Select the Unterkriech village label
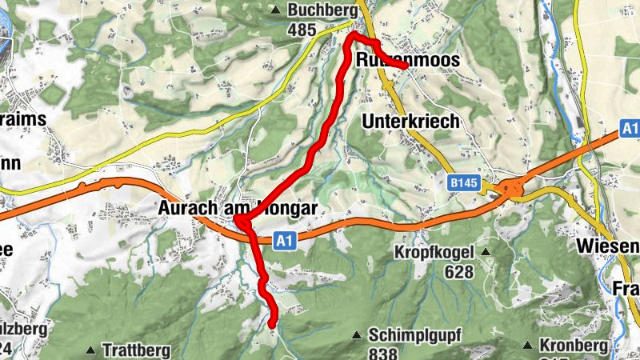pyautogui.click(x=411, y=122)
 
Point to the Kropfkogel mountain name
pyautogui.click(x=434, y=253)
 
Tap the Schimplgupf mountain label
pyautogui.click(x=415, y=334)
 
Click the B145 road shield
pyautogui.click(x=462, y=184)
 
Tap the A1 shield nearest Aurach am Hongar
pyautogui.click(x=284, y=239)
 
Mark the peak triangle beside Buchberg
pyautogui.click(x=276, y=10)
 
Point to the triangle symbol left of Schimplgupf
pyautogui.click(x=358, y=334)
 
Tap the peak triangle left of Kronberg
pyautogui.click(x=528, y=345)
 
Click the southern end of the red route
pyautogui.click(x=272, y=324)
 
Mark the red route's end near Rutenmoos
pyautogui.click(x=406, y=68)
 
